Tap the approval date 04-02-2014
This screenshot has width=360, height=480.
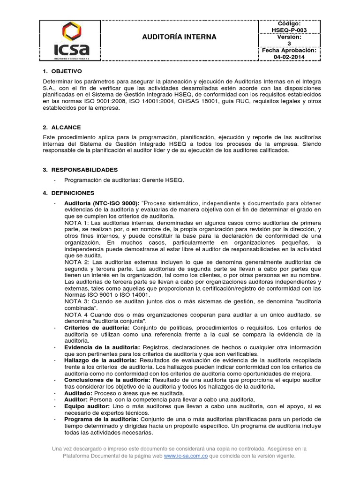(289, 57)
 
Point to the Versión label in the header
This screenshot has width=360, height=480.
(289, 37)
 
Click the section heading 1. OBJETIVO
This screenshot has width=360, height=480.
(62, 71)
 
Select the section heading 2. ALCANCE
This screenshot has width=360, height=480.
(61, 127)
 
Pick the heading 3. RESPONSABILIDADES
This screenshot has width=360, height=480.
(80, 170)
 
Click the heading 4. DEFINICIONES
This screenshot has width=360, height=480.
(68, 193)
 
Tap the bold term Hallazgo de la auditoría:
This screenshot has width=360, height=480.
(100, 360)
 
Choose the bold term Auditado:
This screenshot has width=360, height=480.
(78, 393)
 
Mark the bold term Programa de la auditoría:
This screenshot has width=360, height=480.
(101, 419)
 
